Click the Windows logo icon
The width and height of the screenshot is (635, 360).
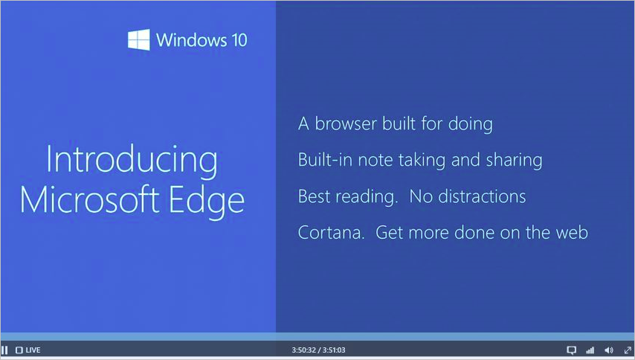[139, 39]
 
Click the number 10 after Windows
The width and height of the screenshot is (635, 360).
[239, 40]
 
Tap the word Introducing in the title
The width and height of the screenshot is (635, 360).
[132, 160]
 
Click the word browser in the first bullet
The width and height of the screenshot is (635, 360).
[346, 123]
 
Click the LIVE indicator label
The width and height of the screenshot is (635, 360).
[33, 350]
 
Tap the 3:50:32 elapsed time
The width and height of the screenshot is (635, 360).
[303, 350]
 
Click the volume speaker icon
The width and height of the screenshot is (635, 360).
[609, 350]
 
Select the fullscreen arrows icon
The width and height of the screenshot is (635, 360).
[628, 350]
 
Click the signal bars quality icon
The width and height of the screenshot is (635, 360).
[590, 350]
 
